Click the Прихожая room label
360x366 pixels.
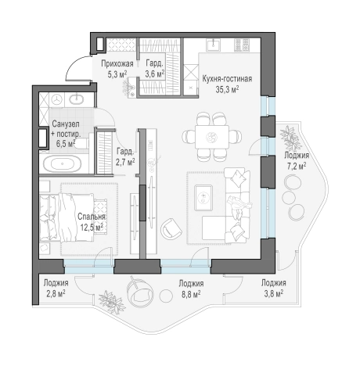pos(117,64)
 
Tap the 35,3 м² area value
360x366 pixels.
pos(228,89)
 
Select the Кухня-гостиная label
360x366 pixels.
pos(227,79)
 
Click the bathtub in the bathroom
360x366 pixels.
pos(62,164)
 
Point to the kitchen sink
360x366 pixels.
pos(214,45)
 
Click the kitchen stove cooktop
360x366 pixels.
pos(241,45)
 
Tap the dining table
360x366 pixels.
pos(212,137)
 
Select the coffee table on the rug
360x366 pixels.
pos(203,197)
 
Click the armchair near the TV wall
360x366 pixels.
pos(171,228)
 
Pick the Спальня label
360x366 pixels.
pos(92,217)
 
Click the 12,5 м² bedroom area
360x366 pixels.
pos(92,228)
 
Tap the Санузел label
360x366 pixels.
pos(66,124)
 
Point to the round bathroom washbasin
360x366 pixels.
pos(76,99)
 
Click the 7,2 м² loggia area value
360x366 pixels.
pos(297,166)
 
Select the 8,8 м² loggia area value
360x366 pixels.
pos(191,294)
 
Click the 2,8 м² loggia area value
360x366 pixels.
pos(56,293)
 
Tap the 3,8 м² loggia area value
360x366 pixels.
pos(274,293)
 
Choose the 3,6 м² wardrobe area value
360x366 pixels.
pos(155,74)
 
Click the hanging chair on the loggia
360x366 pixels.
pos(139,291)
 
